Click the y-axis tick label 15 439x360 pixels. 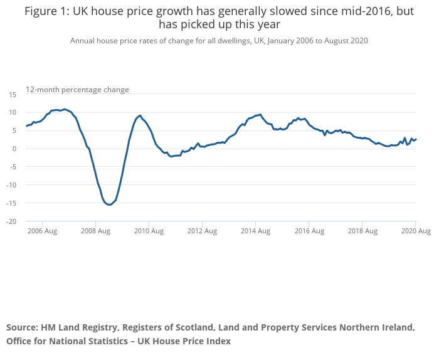pyautogui.click(x=12, y=94)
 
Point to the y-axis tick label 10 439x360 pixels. pyautogui.click(x=12, y=112)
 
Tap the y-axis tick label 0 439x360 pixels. pyautogui.click(x=14, y=149)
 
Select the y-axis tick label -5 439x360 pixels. pyautogui.click(x=13, y=167)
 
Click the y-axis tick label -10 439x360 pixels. pyautogui.click(x=11, y=185)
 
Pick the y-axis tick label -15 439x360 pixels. pyautogui.click(x=11, y=203)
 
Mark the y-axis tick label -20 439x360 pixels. pyautogui.click(x=11, y=221)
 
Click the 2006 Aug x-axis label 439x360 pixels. pyautogui.click(x=42, y=231)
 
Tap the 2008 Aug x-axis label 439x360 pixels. pyautogui.click(x=95, y=231)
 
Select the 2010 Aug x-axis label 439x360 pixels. pyautogui.click(x=149, y=231)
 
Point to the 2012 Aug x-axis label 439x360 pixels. pyautogui.click(x=202, y=231)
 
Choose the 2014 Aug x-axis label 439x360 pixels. pyautogui.click(x=255, y=231)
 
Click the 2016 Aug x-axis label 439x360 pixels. pyautogui.click(x=309, y=231)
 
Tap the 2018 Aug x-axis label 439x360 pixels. pyautogui.click(x=362, y=231)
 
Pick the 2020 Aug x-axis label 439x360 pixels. pyautogui.click(x=415, y=231)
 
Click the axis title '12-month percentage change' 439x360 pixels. pyautogui.click(x=77, y=90)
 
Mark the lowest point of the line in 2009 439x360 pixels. pyautogui.click(x=109, y=204)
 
